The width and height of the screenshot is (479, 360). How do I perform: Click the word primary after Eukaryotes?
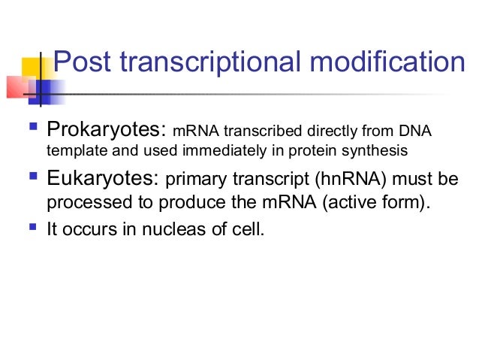[189, 180]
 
